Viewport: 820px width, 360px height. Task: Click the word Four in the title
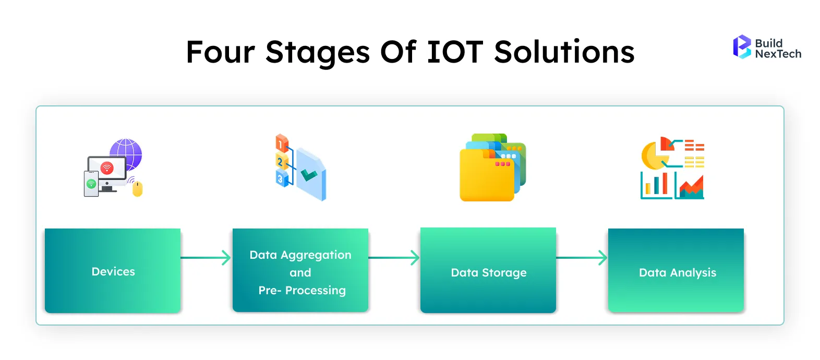point(220,52)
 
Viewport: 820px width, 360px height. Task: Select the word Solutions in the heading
point(564,52)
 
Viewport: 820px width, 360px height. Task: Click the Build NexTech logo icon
point(741,47)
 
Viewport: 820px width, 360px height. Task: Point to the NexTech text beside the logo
point(778,54)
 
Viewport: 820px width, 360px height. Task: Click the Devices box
point(113,271)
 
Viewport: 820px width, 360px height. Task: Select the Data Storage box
point(488,271)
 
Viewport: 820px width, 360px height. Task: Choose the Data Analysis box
point(676,271)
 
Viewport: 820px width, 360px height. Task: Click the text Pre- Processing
point(302,290)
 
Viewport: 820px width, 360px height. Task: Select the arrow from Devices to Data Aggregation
point(206,258)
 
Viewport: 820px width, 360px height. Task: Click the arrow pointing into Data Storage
point(394,258)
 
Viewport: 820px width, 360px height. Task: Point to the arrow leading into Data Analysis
point(582,258)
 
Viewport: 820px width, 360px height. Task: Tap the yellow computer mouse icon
point(137,189)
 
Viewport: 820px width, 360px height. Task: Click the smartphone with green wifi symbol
point(91,184)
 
